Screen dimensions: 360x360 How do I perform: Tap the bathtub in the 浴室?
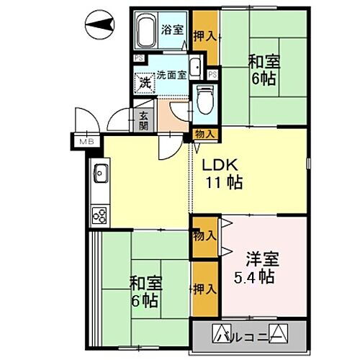pos(144,31)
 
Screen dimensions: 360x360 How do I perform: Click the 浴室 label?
pos(172,30)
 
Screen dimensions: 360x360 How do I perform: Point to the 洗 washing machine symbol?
pos(144,82)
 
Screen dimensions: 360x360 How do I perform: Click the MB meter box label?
pos(87,143)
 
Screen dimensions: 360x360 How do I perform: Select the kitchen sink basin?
pos(100,174)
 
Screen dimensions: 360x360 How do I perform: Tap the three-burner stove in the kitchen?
pos(99,215)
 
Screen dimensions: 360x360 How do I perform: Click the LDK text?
pos(215,163)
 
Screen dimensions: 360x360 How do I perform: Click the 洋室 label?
pos(261,258)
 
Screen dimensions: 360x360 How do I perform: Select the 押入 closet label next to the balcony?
pos(205,289)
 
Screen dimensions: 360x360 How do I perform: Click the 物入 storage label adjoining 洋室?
pos(204,235)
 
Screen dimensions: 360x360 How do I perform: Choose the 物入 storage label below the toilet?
pos(204,133)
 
